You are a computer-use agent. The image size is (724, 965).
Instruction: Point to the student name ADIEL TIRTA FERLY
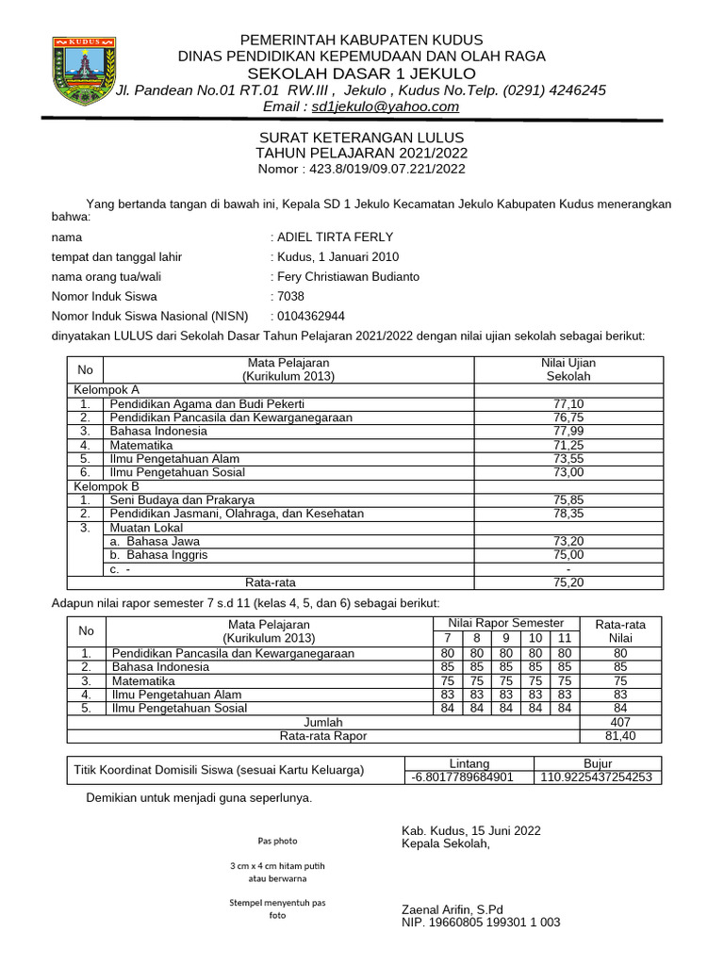point(335,237)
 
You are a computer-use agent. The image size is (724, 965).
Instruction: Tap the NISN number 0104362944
point(304,317)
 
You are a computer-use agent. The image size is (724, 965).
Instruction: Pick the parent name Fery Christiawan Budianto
point(348,277)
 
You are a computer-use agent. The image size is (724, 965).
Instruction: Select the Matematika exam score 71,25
point(568,445)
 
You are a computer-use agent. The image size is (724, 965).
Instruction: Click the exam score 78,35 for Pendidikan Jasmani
point(568,514)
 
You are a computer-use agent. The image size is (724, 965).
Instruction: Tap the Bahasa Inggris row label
point(158,555)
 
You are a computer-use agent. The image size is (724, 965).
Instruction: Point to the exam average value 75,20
point(568,582)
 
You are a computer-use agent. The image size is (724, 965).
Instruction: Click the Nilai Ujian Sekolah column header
point(568,369)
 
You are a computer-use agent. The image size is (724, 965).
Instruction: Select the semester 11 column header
point(565,638)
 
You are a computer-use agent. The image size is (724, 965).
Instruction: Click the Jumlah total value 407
point(620,722)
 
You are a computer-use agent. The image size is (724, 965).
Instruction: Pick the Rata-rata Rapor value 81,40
point(620,736)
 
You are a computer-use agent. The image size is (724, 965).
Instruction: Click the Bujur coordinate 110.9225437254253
point(597,777)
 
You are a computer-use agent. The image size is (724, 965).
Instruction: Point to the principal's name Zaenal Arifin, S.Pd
point(452,909)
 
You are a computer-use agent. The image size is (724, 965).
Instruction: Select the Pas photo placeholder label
point(277,841)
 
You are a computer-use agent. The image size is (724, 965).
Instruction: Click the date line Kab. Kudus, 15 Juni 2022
point(471,830)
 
